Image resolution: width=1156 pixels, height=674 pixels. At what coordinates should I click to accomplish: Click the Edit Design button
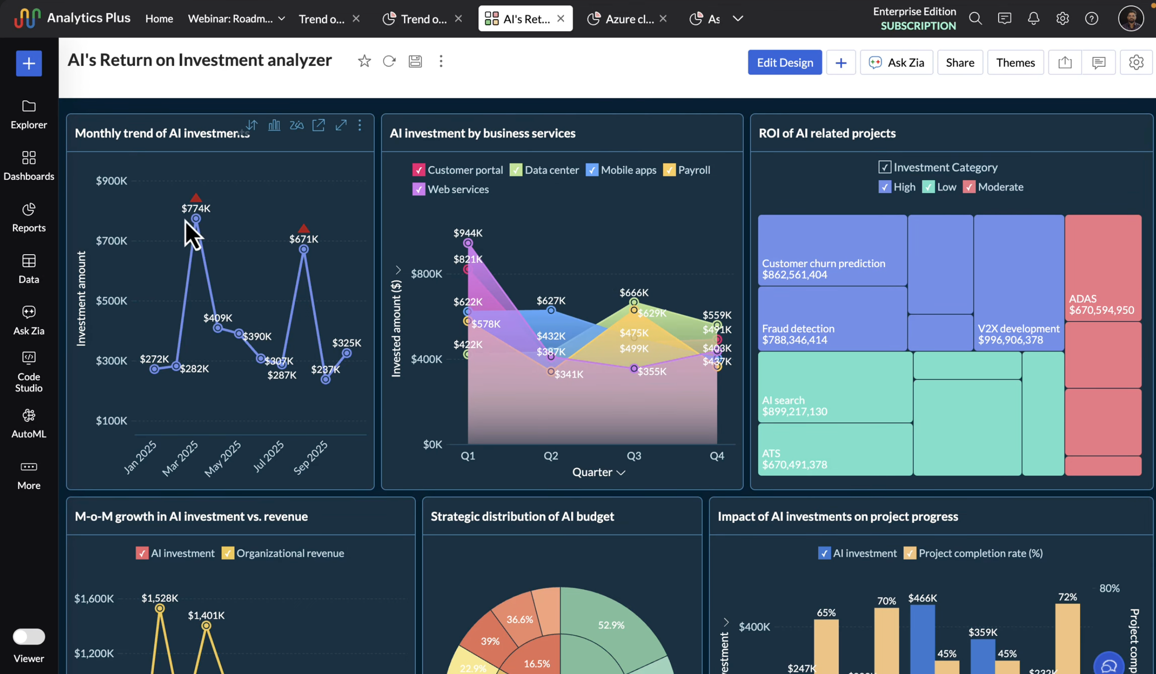[x=785, y=62]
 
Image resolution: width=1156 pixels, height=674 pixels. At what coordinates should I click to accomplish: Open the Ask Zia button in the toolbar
[x=896, y=62]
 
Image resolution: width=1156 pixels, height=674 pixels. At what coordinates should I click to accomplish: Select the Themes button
[x=1015, y=62]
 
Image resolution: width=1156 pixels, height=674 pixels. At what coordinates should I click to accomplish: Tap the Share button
[x=960, y=62]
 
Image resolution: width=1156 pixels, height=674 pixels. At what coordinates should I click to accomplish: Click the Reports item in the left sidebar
[x=29, y=217]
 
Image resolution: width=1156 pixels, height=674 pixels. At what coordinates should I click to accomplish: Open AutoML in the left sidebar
[x=29, y=423]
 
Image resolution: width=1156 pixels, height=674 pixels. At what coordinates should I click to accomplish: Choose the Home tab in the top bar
[x=159, y=19]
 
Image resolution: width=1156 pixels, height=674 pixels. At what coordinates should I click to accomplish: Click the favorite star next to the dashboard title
[x=364, y=61]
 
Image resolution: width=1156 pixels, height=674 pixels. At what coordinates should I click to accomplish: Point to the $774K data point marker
[x=196, y=219]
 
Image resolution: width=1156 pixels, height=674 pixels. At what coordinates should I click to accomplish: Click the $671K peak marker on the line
[x=304, y=249]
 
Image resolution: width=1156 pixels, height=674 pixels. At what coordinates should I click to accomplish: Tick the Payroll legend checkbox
[x=669, y=170]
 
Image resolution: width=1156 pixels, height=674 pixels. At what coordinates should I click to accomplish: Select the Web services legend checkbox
[x=418, y=189]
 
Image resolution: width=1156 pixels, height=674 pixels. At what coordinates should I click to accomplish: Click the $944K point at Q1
[x=467, y=243]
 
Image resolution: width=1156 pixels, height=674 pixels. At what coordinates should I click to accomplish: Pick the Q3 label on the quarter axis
[x=634, y=455]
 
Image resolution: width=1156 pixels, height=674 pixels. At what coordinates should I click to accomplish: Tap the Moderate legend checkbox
[x=969, y=187]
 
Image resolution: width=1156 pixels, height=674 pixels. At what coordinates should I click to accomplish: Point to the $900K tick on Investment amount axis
[x=111, y=181]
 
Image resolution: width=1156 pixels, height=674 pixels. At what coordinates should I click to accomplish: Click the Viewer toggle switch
[x=29, y=637]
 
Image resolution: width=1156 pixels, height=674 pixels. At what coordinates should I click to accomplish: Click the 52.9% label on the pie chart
[x=611, y=625]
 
